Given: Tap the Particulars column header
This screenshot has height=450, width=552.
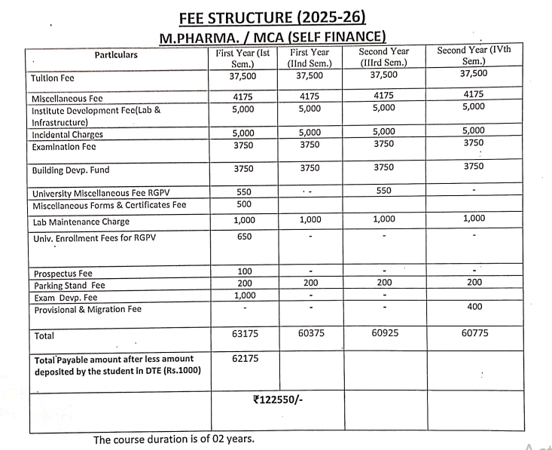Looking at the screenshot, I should [116, 54].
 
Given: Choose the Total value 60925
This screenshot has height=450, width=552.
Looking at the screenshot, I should [385, 332].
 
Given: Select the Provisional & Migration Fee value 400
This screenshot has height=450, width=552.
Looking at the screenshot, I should [474, 307].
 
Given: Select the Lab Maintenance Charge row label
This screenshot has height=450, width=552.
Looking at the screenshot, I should [81, 222].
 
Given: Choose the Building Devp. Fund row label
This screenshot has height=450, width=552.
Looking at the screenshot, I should [70, 171].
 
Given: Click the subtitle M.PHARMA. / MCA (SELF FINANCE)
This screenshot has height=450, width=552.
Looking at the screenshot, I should [272, 36].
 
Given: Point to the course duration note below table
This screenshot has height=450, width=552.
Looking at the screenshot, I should [173, 439].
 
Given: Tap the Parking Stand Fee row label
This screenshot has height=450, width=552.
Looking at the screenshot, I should [68, 286].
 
